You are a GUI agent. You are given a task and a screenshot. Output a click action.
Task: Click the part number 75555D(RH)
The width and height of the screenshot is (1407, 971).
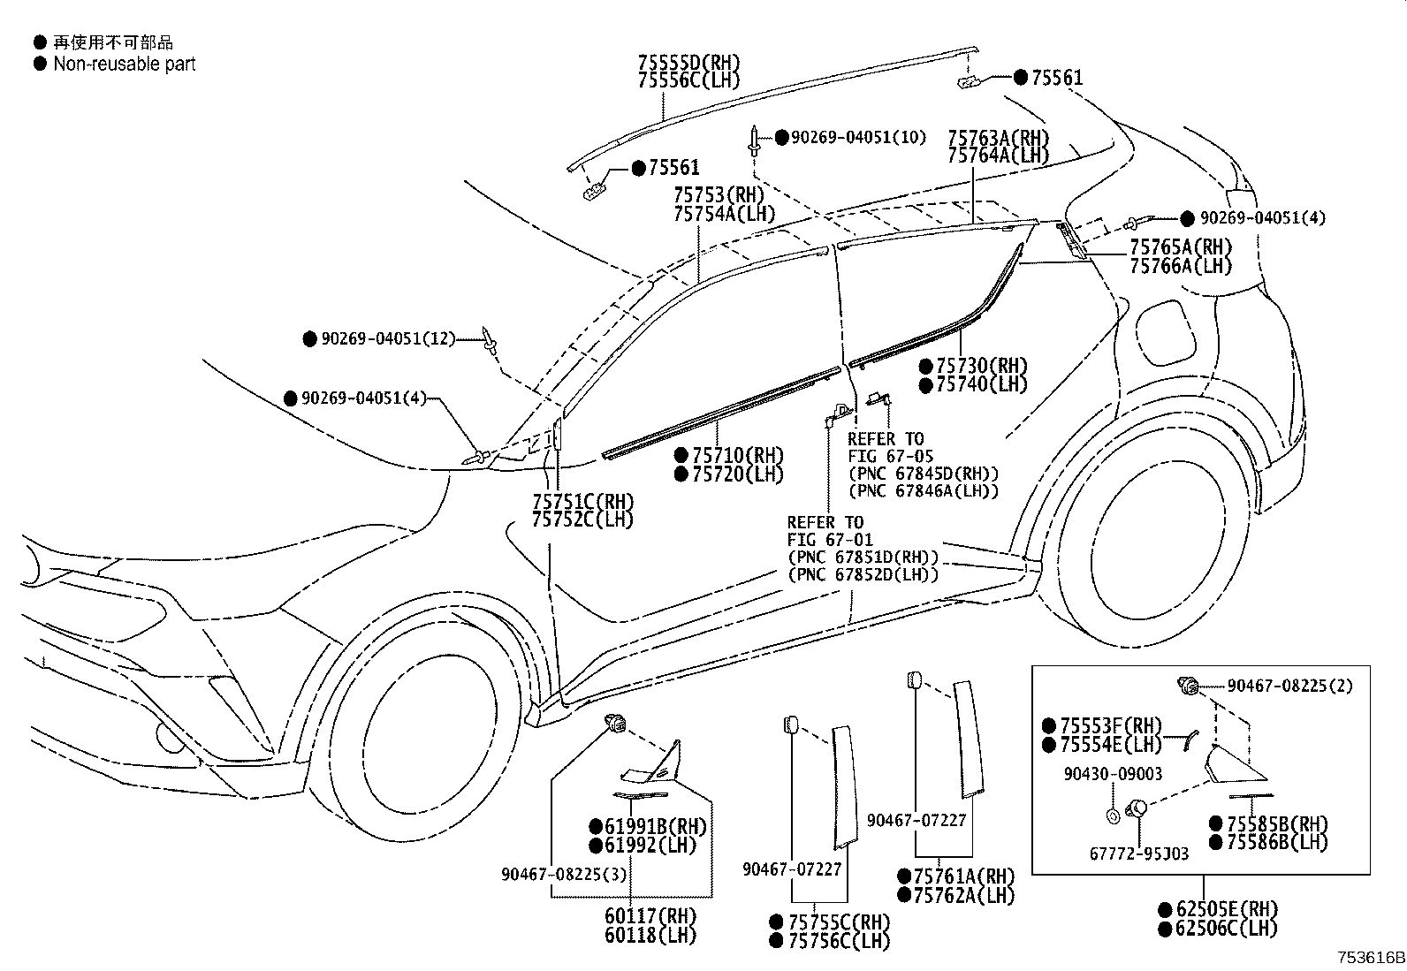coord(689,63)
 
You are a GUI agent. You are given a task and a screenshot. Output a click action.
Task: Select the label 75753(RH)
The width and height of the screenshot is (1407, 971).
coord(719,194)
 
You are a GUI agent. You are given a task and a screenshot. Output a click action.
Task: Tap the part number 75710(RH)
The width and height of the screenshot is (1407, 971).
coord(738,455)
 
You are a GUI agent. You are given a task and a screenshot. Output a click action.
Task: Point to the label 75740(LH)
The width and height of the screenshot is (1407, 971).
coord(981,384)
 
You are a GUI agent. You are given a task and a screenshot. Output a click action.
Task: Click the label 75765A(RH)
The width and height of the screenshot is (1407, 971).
coord(1181,247)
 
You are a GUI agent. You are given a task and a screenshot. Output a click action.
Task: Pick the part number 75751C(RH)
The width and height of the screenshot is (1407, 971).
coord(583,502)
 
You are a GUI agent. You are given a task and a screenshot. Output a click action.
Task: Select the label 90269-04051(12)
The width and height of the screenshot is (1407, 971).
coord(388,339)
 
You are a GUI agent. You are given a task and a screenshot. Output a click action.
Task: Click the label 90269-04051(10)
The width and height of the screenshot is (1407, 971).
coord(859,138)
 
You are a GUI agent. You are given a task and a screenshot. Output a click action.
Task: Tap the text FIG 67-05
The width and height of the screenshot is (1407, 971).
coord(891,456)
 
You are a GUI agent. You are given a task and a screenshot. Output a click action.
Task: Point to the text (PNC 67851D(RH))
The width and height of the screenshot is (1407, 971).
coord(863,558)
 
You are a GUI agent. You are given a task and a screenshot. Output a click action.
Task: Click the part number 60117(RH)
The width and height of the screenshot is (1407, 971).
coord(650,916)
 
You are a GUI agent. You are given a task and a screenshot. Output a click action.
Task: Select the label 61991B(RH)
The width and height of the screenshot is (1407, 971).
coord(656,827)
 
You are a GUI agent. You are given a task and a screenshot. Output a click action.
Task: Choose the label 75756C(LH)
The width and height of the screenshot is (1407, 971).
coord(840,941)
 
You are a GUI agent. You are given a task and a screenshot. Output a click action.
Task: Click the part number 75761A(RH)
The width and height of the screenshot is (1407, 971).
coord(964,876)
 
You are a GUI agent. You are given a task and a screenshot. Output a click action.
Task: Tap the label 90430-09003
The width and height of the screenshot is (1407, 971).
coord(1113,774)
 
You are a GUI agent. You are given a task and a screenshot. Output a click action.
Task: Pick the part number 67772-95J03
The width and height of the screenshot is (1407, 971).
coord(1139,854)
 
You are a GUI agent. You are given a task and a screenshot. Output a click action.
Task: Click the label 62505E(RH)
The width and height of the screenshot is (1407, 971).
coord(1227,909)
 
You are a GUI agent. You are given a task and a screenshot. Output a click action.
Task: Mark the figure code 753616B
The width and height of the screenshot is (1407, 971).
coord(1371,958)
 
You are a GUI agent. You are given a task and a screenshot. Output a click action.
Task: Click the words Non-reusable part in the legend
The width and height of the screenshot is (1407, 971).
coord(125,64)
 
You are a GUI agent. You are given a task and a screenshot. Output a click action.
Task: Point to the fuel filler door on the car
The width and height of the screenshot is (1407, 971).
coord(1166,332)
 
